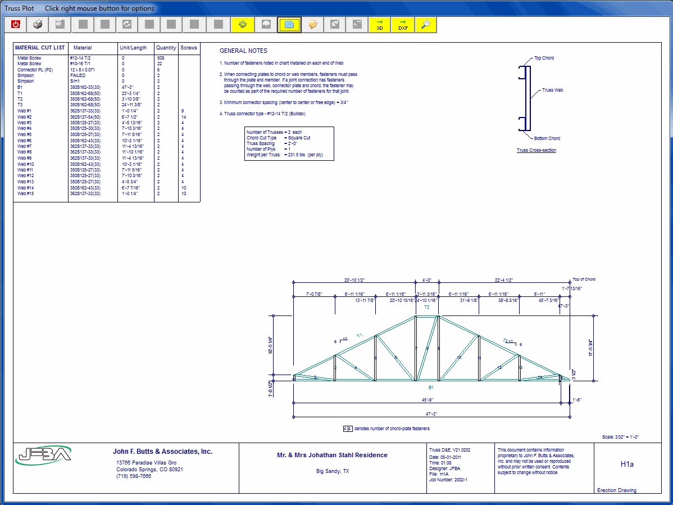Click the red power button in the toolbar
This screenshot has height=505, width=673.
click(x=16, y=25)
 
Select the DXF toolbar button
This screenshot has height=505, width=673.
click(x=403, y=25)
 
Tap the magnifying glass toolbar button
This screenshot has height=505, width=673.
click(x=426, y=25)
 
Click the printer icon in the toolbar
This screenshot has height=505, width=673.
click(x=38, y=25)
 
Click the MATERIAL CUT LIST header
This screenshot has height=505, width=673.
click(x=40, y=48)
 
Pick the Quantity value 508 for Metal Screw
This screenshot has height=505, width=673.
click(x=161, y=58)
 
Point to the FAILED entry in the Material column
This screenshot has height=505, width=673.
click(x=78, y=75)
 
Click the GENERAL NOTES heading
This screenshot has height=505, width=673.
click(x=243, y=51)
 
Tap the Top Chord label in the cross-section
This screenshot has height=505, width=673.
click(x=544, y=58)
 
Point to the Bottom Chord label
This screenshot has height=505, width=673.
click(x=547, y=138)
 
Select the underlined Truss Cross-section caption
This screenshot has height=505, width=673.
click(x=536, y=151)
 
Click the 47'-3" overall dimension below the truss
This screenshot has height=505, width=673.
click(x=431, y=413)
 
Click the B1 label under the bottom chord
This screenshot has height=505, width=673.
click(x=431, y=387)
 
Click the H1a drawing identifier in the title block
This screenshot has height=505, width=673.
click(x=627, y=465)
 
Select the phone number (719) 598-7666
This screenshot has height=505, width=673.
click(x=134, y=476)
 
